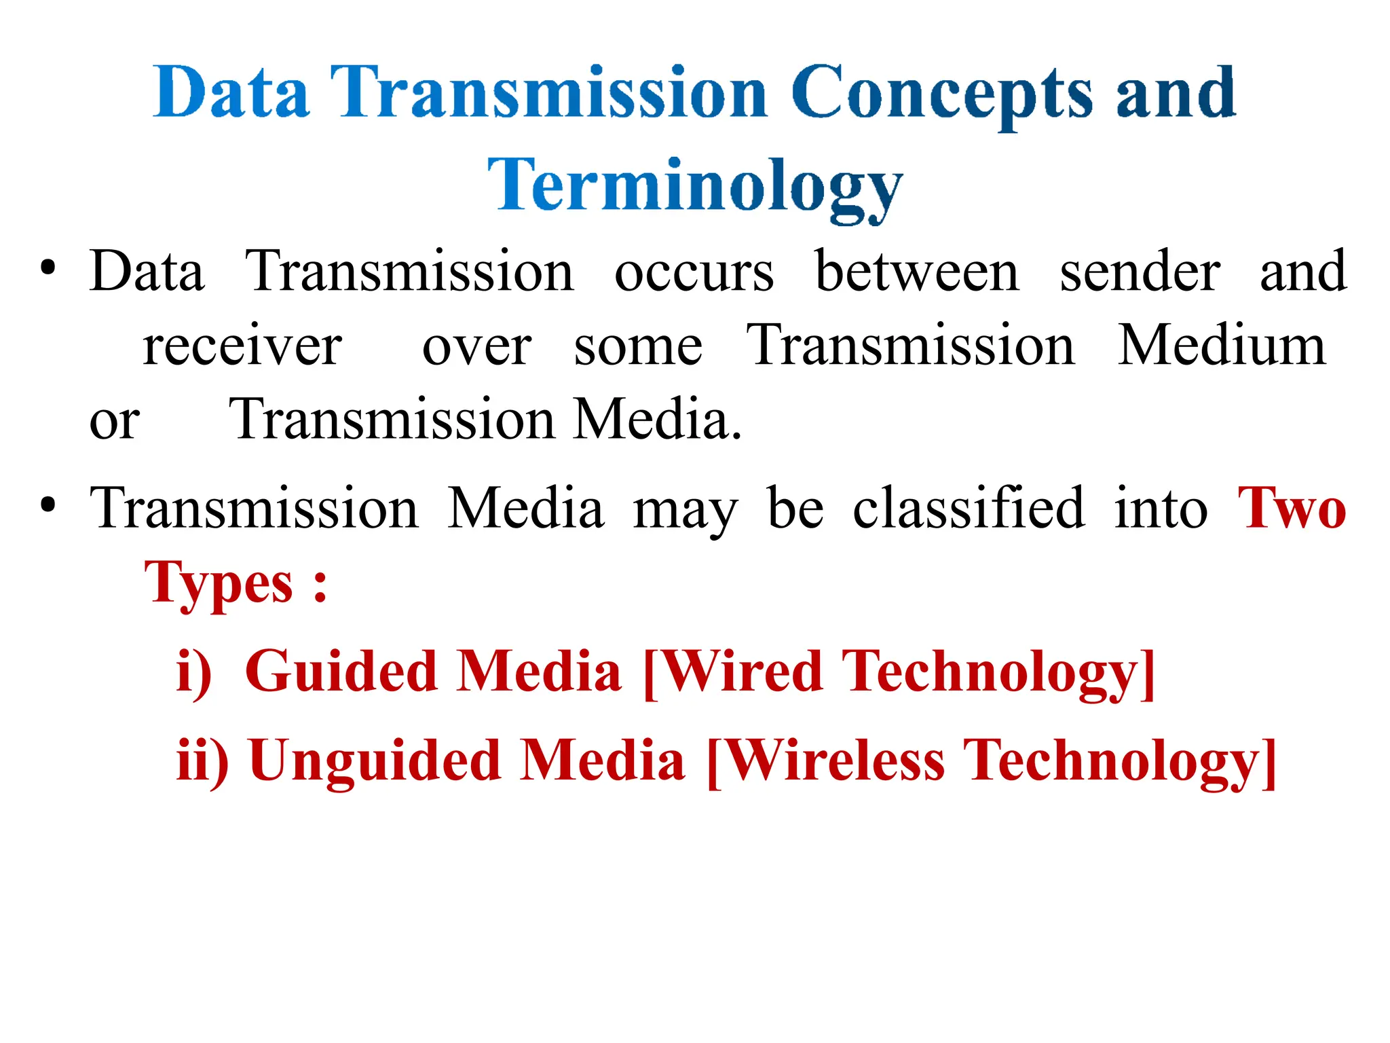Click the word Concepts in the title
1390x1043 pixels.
[x=942, y=94]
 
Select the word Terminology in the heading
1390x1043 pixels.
[x=695, y=185]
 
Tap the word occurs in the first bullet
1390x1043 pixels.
[x=694, y=272]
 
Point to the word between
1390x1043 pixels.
[x=916, y=271]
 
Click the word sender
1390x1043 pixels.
[x=1140, y=271]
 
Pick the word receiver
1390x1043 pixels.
[x=242, y=346]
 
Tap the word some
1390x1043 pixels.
[x=638, y=347]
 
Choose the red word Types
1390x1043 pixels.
[x=219, y=583]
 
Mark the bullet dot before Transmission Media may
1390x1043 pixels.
[x=48, y=505]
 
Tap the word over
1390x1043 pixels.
[x=476, y=347]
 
